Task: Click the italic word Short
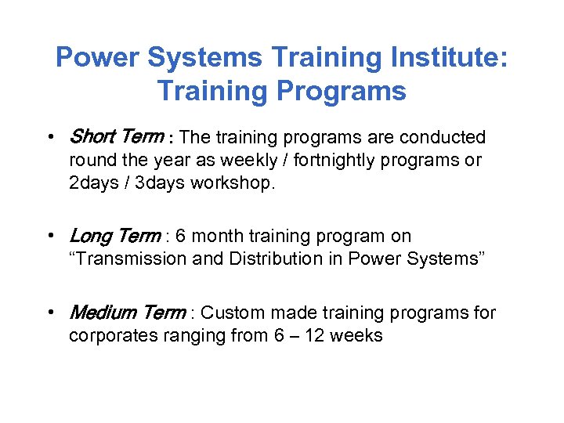click(x=92, y=137)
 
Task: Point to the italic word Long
click(x=90, y=236)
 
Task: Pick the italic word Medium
click(x=100, y=313)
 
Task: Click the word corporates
click(x=110, y=337)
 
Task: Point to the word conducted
click(x=443, y=138)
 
